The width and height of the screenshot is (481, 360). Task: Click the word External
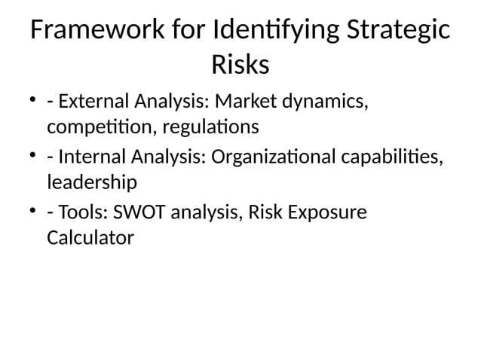point(89,101)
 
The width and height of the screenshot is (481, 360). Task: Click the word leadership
point(92,182)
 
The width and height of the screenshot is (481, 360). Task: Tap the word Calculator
point(90,238)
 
